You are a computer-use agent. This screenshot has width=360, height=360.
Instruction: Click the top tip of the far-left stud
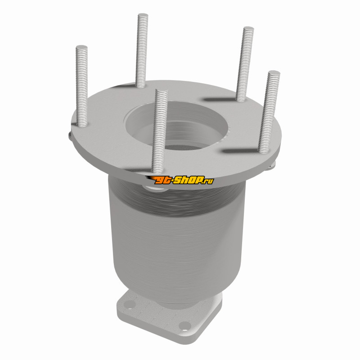point(81,47)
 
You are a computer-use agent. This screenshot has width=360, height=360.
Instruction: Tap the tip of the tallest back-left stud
point(143,15)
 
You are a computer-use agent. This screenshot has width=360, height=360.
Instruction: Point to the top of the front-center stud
point(162,91)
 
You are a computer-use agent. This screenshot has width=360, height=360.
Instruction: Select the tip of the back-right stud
point(248,28)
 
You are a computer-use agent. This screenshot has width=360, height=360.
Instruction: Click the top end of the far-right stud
point(274,72)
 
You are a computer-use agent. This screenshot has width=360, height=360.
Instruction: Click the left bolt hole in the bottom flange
point(129,305)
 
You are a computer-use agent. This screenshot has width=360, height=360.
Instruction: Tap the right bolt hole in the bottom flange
point(185,325)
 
